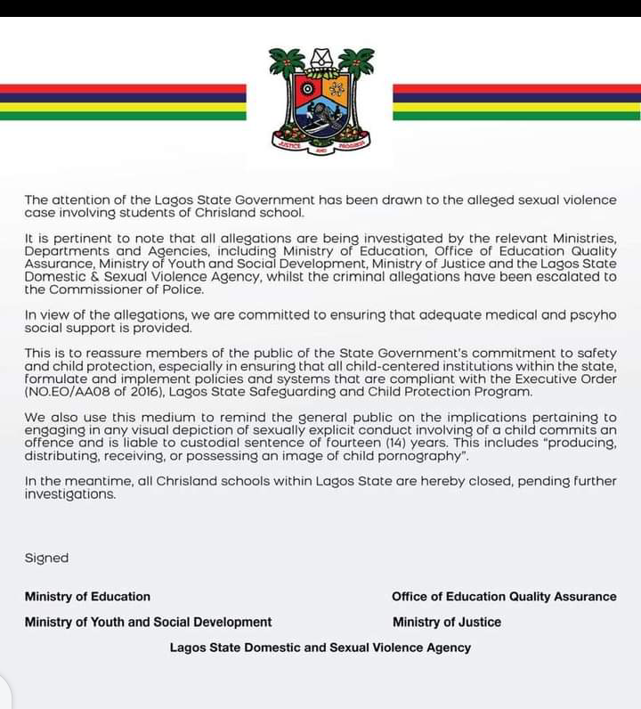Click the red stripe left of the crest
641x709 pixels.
(123, 89)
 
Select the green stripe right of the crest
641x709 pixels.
(516, 116)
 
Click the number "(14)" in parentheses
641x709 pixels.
(376, 443)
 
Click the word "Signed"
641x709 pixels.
(46, 558)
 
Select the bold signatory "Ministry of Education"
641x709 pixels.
(87, 597)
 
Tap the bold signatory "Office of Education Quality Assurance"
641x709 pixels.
(504, 597)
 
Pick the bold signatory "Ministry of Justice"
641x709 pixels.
(447, 622)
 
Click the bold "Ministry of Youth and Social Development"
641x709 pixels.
(148, 622)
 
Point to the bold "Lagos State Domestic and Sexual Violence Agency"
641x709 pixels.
(320, 648)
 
